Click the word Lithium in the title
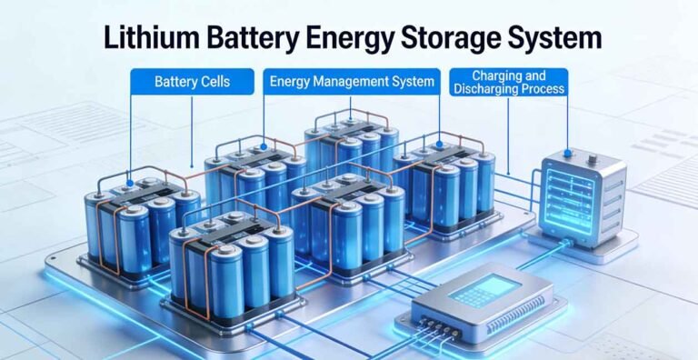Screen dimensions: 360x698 coord(146,37)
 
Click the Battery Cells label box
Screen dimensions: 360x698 coord(192,82)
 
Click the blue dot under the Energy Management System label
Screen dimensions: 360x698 coord(264,145)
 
